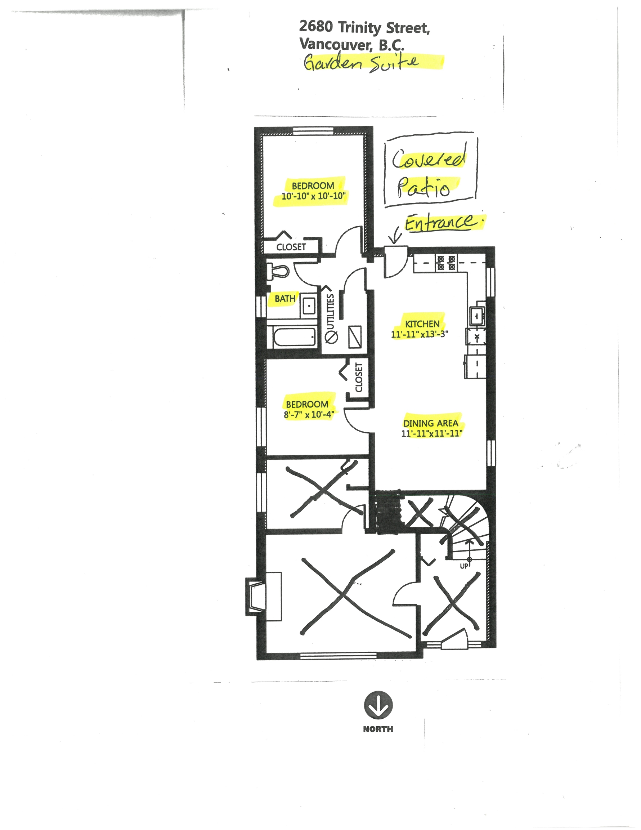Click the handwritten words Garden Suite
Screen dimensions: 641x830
362,62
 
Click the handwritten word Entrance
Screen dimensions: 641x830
440,222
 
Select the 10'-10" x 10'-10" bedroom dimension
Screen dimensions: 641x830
313,196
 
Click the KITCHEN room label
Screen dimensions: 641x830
422,324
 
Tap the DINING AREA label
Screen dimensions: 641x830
431,423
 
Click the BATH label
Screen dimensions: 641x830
285,298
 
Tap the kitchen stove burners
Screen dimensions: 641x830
446,263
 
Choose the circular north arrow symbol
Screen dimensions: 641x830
378,705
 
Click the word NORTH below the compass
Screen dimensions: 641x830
378,728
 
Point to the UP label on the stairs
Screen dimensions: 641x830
464,566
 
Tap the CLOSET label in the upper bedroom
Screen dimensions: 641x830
291,247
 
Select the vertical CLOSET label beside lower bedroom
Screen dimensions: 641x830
359,378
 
